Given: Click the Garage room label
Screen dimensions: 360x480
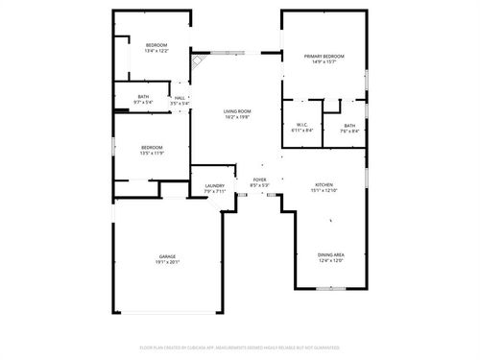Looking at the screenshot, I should [169, 256].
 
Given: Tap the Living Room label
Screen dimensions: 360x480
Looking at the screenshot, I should [237, 110].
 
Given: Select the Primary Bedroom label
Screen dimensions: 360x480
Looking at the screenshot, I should [324, 57].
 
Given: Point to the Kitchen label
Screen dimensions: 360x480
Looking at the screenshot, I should [324, 184].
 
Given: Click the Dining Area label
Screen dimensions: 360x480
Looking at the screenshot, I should [331, 253].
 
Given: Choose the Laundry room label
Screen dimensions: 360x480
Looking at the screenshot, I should [214, 186].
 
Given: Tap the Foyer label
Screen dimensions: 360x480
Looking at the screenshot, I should [259, 180].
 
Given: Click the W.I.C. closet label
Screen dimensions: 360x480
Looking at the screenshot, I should [300, 125].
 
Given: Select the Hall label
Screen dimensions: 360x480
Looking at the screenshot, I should [180, 97].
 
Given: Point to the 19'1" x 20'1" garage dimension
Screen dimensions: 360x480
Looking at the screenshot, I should [169, 261].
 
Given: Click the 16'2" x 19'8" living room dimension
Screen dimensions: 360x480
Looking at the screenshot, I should [237, 116].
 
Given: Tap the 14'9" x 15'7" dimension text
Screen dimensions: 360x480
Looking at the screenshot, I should [324, 62].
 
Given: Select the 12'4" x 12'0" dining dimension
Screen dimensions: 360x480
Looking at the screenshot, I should [331, 259].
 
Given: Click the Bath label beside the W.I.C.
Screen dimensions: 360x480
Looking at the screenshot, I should [349, 126].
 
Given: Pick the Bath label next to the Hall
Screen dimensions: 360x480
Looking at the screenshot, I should [143, 96].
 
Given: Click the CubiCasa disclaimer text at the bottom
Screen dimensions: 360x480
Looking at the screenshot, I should [239, 348].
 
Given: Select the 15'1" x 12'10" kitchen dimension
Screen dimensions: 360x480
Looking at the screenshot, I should [324, 190].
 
